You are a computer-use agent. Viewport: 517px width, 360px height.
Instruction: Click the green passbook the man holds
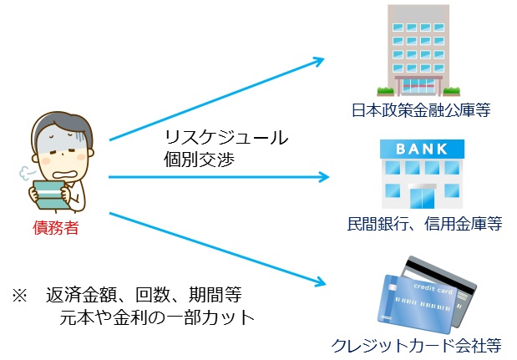(x=52, y=194)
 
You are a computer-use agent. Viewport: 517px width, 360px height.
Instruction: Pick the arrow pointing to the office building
(x=217, y=99)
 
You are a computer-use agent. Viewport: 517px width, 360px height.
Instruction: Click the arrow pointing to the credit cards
(x=217, y=251)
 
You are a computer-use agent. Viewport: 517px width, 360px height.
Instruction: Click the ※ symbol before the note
(x=19, y=296)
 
